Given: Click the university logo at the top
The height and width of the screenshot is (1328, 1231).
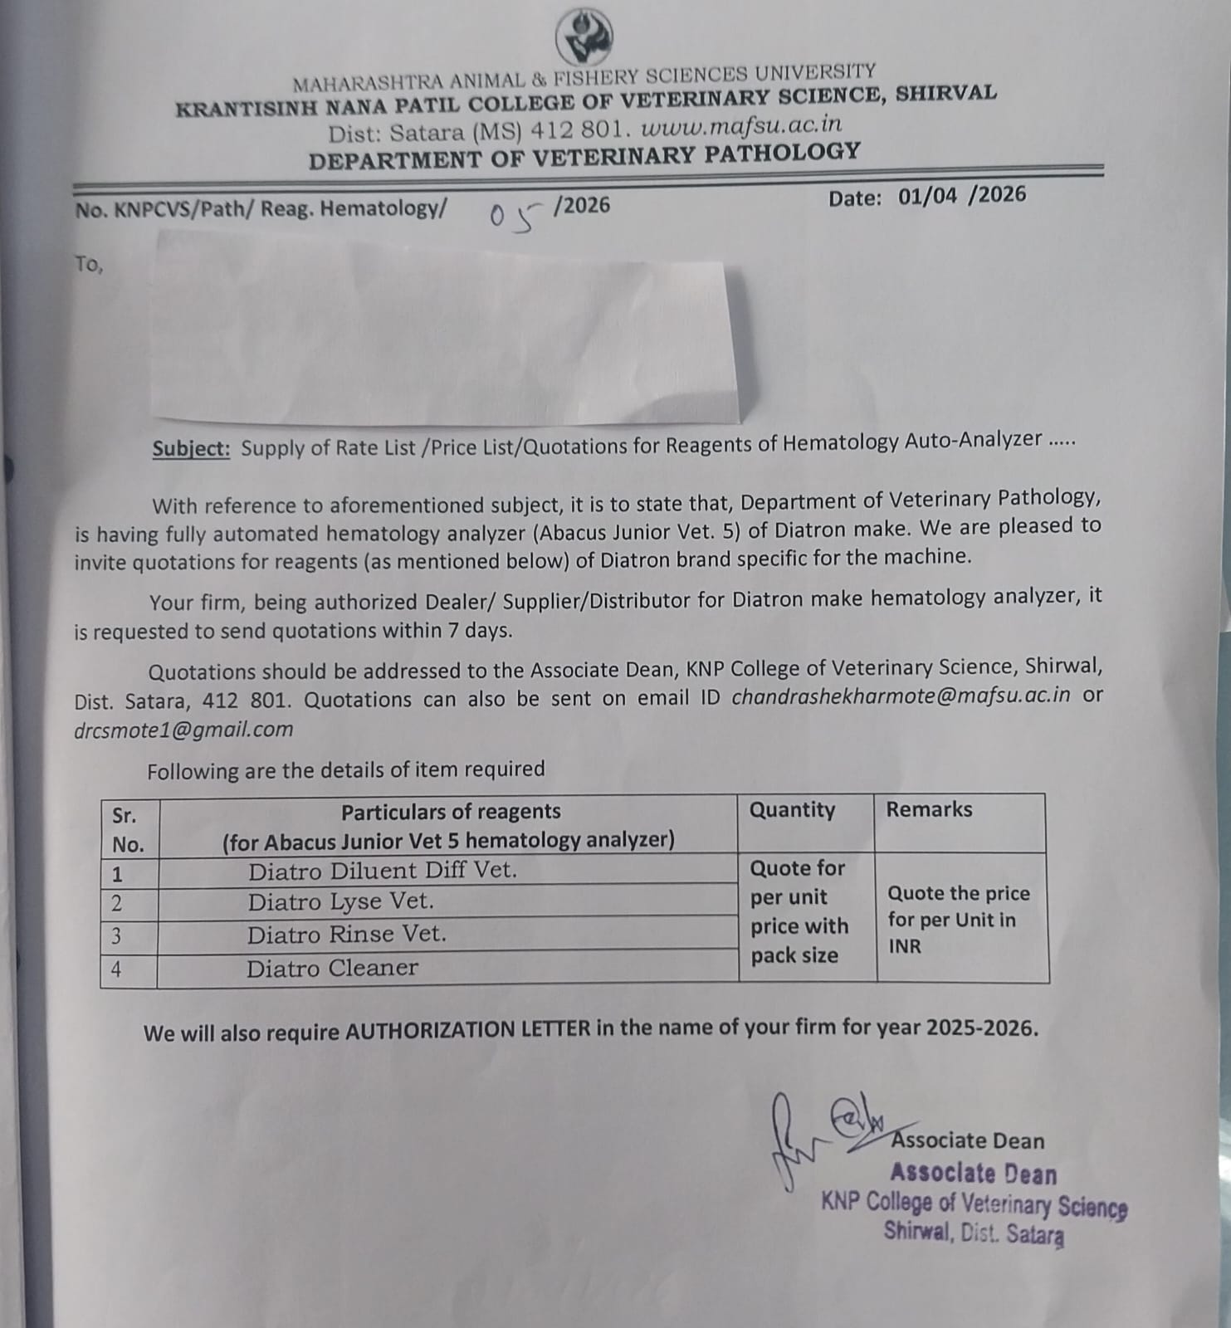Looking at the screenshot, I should pyautogui.click(x=584, y=38).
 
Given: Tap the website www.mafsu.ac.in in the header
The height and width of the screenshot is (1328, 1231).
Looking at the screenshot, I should pyautogui.click(x=742, y=127).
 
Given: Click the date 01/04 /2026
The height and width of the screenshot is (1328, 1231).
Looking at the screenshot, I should pyautogui.click(x=961, y=196).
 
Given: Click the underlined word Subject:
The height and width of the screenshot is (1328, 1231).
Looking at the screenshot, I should pyautogui.click(x=191, y=449).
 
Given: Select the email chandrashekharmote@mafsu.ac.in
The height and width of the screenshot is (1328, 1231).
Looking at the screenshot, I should pyautogui.click(x=901, y=696).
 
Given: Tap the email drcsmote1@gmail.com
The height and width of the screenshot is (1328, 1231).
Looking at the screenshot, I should pyautogui.click(x=183, y=730).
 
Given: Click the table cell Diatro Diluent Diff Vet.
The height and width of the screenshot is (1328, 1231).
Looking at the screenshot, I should pyautogui.click(x=383, y=871).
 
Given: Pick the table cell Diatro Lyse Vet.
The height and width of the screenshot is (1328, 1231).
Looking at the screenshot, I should pyautogui.click(x=340, y=902).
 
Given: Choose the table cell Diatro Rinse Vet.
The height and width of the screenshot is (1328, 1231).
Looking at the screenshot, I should pyautogui.click(x=346, y=935).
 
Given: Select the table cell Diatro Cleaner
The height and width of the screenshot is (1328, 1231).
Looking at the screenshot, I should pyautogui.click(x=332, y=968).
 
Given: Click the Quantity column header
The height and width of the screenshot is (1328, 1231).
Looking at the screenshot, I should pyautogui.click(x=792, y=810).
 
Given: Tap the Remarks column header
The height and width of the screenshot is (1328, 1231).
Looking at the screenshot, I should pyautogui.click(x=929, y=809).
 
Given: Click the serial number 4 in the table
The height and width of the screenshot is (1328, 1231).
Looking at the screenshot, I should pyautogui.click(x=117, y=969).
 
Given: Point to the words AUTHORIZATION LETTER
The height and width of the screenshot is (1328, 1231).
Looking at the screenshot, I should pyautogui.click(x=467, y=1031).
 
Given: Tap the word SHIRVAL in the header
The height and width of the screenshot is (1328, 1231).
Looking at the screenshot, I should pyautogui.click(x=945, y=94).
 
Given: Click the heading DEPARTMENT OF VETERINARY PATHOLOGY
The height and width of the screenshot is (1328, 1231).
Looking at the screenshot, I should pyautogui.click(x=584, y=155).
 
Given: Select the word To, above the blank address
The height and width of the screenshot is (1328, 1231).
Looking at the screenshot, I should pyautogui.click(x=88, y=265).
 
